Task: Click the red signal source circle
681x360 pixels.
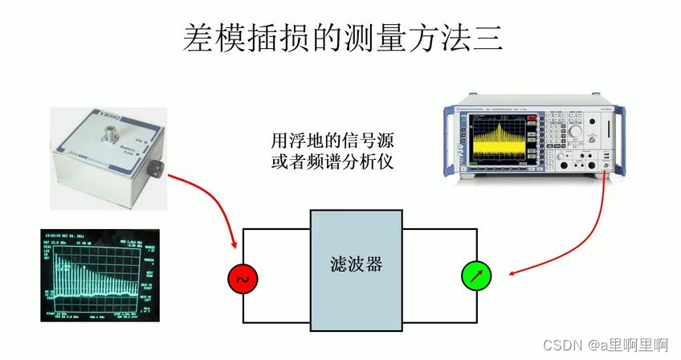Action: click(242, 280)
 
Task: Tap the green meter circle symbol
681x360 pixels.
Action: click(475, 278)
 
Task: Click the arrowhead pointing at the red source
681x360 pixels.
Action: click(234, 245)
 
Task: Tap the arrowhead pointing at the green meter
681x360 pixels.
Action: click(512, 273)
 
